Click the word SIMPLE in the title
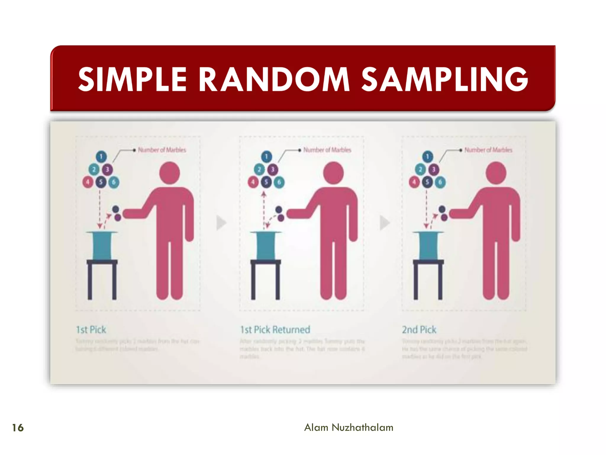tap(132, 79)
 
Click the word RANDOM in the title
tap(274, 79)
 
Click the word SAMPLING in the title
tap(444, 79)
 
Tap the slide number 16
tap(18, 428)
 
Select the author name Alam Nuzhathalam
tap(349, 427)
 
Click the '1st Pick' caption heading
tap(91, 330)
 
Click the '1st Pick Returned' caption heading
tap(275, 330)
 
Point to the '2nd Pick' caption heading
tap(419, 330)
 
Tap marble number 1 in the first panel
tap(101, 156)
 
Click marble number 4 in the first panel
tap(88, 182)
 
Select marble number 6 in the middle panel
tap(279, 182)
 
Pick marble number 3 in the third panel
tap(433, 169)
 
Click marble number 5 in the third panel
tap(427, 182)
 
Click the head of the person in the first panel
tap(170, 173)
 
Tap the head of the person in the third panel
tap(496, 173)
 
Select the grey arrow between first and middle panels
tap(221, 223)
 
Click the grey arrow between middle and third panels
tap(384, 223)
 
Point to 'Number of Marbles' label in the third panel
tap(488, 150)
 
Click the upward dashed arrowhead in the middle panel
tap(264, 194)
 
